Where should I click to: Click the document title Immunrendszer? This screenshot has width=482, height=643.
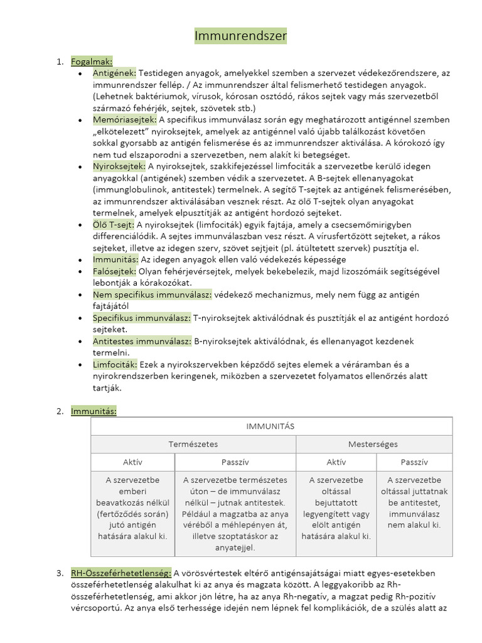(240, 36)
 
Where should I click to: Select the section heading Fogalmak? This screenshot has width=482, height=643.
(92, 62)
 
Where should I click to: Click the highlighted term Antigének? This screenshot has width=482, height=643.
(114, 73)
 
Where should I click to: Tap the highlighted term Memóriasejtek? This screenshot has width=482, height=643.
(124, 120)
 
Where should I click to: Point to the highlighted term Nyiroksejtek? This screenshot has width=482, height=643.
(119, 166)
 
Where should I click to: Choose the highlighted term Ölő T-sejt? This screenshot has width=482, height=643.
(113, 225)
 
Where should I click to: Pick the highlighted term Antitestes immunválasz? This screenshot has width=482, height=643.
(142, 341)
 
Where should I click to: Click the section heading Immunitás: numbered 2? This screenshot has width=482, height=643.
(94, 411)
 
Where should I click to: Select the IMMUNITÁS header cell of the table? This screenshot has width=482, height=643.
(272, 426)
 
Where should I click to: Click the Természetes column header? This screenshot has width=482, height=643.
(193, 444)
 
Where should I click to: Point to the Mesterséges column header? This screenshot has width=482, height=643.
(373, 444)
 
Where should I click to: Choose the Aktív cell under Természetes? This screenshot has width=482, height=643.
(132, 462)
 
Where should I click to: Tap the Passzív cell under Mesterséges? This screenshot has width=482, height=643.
(414, 462)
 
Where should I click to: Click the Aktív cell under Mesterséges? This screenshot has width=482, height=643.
(336, 462)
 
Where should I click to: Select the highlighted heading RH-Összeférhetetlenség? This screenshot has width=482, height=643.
(121, 573)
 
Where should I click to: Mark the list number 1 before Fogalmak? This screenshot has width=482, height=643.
(60, 62)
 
